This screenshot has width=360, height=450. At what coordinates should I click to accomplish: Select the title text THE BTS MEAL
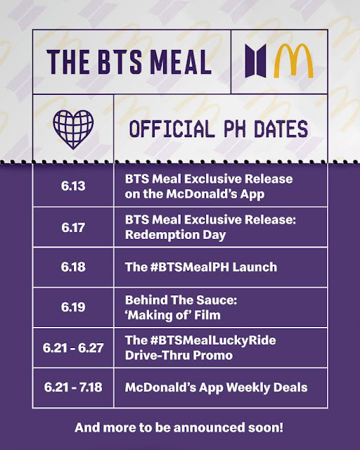click(x=129, y=62)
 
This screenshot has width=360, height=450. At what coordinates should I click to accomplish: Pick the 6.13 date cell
click(x=72, y=186)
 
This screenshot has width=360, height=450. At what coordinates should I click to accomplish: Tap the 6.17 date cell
click(x=72, y=226)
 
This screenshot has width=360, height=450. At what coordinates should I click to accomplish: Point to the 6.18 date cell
click(x=72, y=267)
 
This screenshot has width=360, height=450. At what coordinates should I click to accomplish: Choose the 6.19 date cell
click(x=72, y=307)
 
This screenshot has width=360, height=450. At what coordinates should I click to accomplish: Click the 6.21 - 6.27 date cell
click(x=72, y=347)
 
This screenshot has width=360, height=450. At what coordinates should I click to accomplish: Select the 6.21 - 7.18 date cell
click(x=72, y=387)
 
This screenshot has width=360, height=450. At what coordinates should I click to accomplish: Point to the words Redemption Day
click(x=175, y=234)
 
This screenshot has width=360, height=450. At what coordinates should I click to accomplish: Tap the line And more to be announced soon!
click(x=180, y=427)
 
